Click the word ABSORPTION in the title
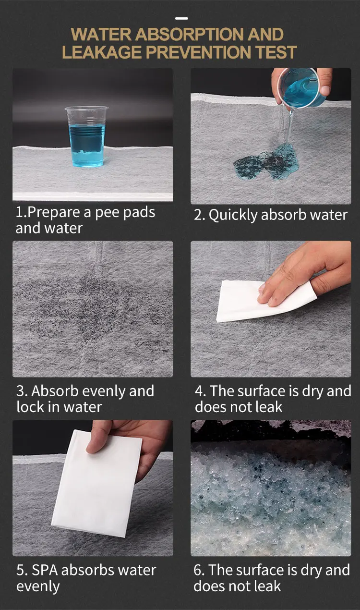point(190,35)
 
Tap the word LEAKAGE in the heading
point(102,52)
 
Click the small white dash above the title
point(181,19)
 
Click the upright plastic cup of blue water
point(86,136)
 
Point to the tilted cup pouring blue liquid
point(302,87)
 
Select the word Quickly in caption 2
point(233,215)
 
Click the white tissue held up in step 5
point(96,483)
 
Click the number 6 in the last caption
point(198,570)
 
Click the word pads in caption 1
point(139,213)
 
